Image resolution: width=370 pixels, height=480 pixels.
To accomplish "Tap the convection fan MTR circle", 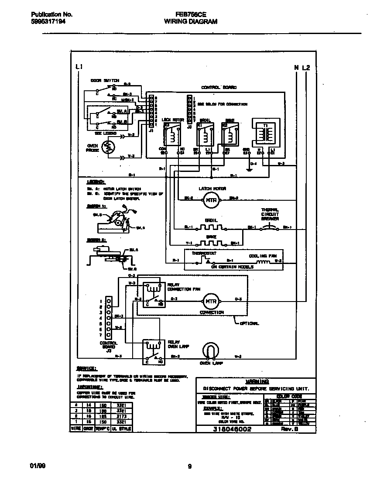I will pos(212,301).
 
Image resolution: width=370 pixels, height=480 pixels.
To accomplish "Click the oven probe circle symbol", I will pos(107,148).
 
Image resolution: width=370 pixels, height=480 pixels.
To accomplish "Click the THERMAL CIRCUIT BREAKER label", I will pos(270,214).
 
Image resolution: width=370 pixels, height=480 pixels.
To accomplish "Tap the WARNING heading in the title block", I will pos(256,381).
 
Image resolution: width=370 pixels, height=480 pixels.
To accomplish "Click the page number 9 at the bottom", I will pos(189,466).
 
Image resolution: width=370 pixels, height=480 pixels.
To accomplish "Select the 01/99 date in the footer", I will pos(38,466).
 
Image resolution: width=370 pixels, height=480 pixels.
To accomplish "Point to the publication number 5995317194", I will pos(48,21).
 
